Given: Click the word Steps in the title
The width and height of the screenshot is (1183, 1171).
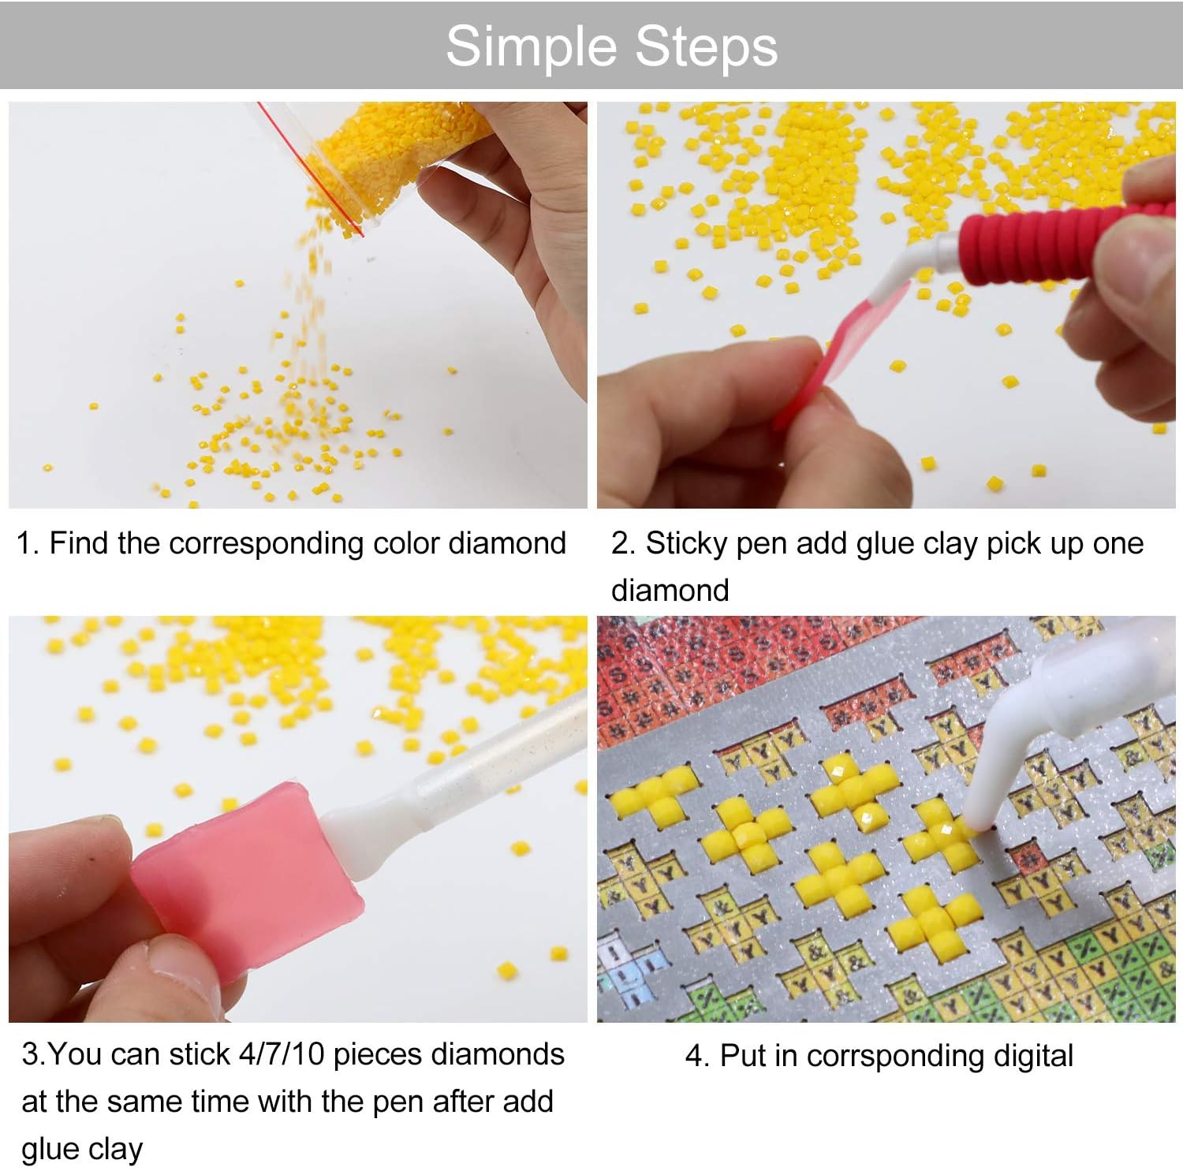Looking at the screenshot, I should click(x=706, y=47).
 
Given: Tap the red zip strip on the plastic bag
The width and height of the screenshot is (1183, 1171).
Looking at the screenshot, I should click(x=312, y=170).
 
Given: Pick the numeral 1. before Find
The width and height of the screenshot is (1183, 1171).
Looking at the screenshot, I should click(x=28, y=543).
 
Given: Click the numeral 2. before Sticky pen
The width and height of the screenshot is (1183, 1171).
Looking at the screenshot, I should click(x=623, y=543).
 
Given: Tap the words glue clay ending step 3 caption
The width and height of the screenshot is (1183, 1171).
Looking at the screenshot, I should click(x=82, y=1149).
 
